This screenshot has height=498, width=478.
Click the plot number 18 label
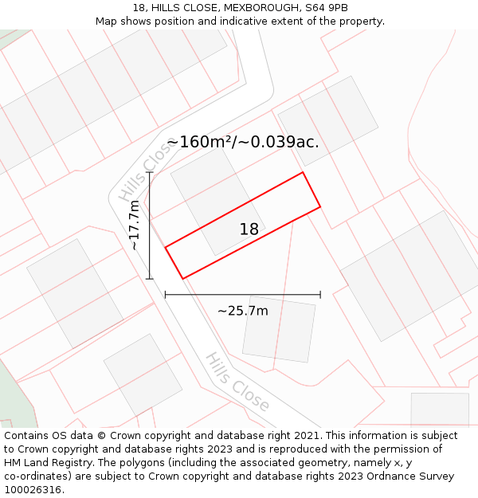click(x=249, y=229)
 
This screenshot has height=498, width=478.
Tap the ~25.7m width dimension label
click(x=243, y=311)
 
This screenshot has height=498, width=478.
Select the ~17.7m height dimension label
click(x=135, y=225)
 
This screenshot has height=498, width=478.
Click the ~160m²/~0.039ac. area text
click(x=243, y=142)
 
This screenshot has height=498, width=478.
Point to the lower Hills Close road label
click(x=237, y=382)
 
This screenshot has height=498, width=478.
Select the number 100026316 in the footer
click(x=34, y=490)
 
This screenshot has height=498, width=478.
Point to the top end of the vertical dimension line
click(x=150, y=172)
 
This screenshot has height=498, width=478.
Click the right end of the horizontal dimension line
click(x=320, y=295)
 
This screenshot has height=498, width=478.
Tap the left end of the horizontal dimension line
click(x=166, y=295)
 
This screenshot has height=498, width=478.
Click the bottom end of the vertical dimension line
click(x=150, y=279)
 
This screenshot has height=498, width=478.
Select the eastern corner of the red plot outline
click(x=320, y=207)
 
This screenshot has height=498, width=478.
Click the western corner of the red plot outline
click(x=166, y=248)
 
